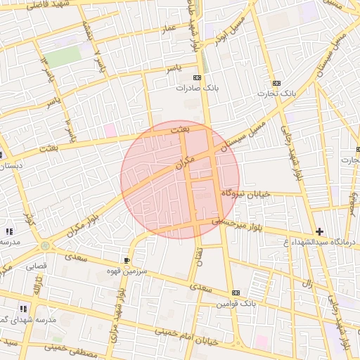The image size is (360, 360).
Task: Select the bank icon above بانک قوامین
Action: (x=235, y=292)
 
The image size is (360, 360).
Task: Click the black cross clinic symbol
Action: (x=320, y=231)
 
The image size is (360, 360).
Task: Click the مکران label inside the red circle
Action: (x=182, y=165)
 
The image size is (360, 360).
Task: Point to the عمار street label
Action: (x=168, y=30)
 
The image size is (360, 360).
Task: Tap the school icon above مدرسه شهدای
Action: (x=23, y=308)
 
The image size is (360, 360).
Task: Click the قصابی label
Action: (x=36, y=266)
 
